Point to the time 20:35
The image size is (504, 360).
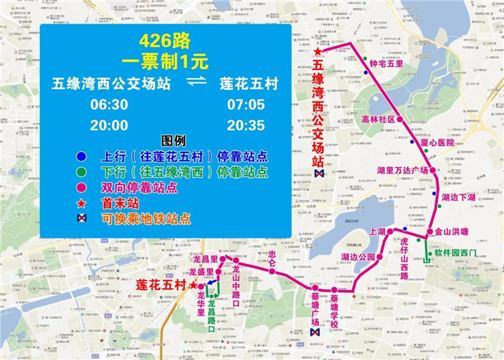[x=246, y=125]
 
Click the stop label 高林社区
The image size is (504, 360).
[x=376, y=120]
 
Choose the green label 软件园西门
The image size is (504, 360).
[x=458, y=254]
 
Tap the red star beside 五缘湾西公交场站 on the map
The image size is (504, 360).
[x=317, y=52]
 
